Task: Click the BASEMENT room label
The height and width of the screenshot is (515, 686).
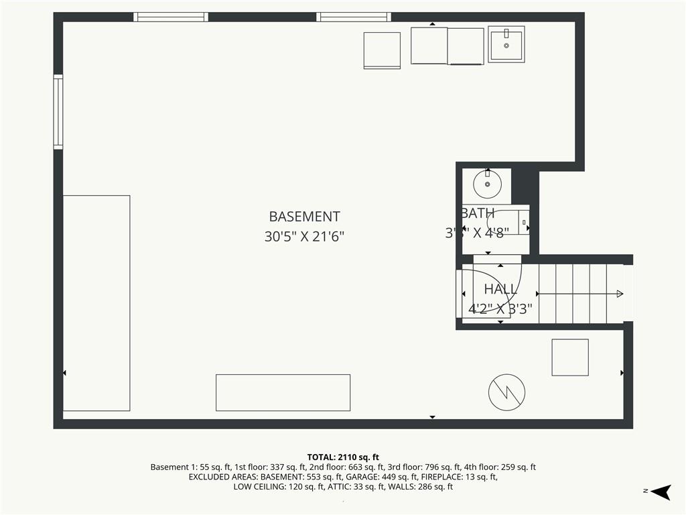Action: point(304,217)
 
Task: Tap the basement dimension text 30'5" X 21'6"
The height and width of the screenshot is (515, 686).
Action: point(304,237)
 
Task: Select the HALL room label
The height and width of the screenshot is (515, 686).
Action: point(500,289)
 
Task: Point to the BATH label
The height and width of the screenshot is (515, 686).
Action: point(478,213)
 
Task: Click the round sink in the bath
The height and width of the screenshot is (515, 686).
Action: point(487,182)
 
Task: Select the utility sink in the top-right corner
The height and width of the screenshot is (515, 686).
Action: point(506,44)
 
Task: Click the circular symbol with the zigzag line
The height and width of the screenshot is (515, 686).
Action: point(506,392)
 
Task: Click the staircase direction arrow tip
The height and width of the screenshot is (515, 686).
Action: point(620,294)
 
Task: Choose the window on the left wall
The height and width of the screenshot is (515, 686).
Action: point(58,111)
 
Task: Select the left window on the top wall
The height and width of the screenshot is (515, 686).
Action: point(171,17)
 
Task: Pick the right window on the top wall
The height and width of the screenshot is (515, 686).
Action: point(353,17)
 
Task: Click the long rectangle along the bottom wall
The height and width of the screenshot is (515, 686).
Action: point(283,392)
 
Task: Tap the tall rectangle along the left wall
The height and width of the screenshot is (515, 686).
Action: point(96,303)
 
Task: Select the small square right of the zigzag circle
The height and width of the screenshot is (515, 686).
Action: point(570,357)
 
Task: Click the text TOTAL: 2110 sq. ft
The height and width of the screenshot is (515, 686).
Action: point(343,457)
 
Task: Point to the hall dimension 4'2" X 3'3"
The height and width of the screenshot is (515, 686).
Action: point(500,309)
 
